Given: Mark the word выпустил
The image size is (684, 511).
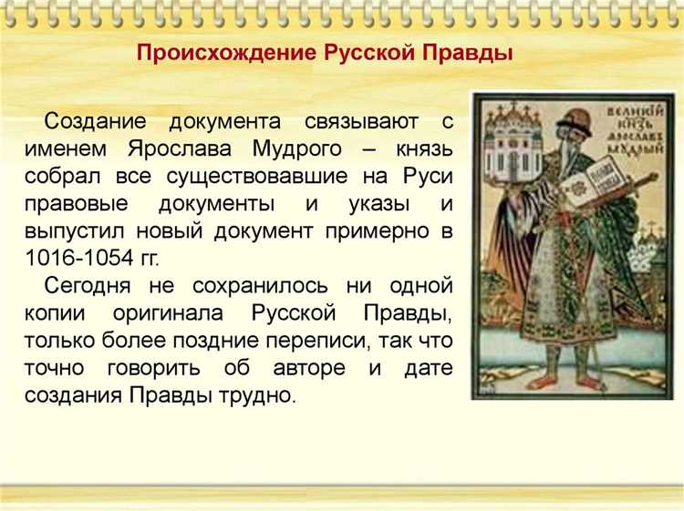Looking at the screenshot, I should pyautogui.click(x=88, y=230).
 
